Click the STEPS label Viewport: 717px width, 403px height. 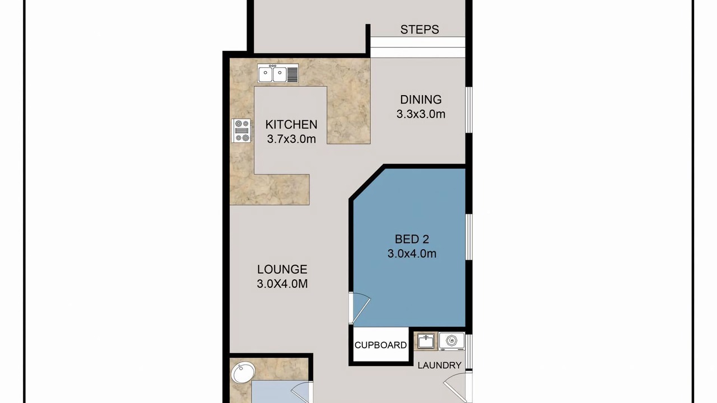coord(420,30)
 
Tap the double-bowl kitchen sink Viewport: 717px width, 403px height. coord(278,73)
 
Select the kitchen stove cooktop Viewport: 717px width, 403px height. coord(241,130)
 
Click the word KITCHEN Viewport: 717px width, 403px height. coord(291,124)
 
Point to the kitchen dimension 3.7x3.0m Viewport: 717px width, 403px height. coord(291,139)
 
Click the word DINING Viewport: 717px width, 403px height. coord(421,100)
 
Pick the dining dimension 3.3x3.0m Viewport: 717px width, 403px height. coord(421,114)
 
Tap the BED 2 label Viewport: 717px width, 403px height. coord(412,239)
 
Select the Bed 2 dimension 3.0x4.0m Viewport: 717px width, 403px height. coord(412,254)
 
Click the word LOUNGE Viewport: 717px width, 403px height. coord(282,269)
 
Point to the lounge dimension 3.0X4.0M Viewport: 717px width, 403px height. coord(282,284)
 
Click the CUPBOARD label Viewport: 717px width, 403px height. coord(380,345)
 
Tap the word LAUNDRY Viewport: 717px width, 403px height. coord(440,365)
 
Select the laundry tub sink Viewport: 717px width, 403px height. coord(426,341)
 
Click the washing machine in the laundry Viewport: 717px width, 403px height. coord(451,341)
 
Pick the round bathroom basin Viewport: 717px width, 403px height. coord(243,373)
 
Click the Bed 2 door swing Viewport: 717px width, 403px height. coord(360,307)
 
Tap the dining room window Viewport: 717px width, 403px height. coord(469,110)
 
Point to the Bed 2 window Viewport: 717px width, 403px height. coord(469,237)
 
